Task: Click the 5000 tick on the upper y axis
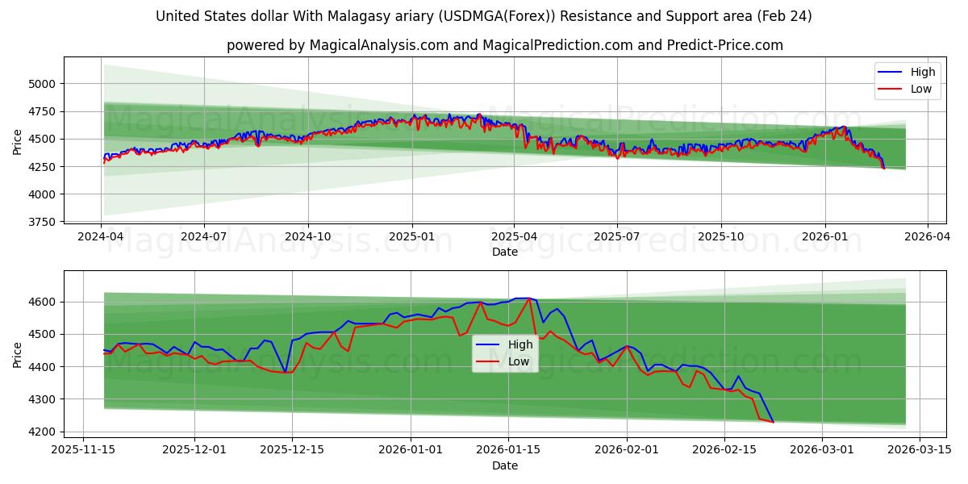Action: [42, 83]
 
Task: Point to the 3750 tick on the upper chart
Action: [42, 222]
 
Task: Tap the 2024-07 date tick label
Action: [203, 237]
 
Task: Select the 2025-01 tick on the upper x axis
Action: [412, 237]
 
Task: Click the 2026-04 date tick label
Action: [927, 237]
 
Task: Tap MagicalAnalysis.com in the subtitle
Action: [378, 45]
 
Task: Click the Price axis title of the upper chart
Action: [18, 142]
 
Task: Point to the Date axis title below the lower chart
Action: [505, 465]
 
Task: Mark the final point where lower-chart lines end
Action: [773, 422]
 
